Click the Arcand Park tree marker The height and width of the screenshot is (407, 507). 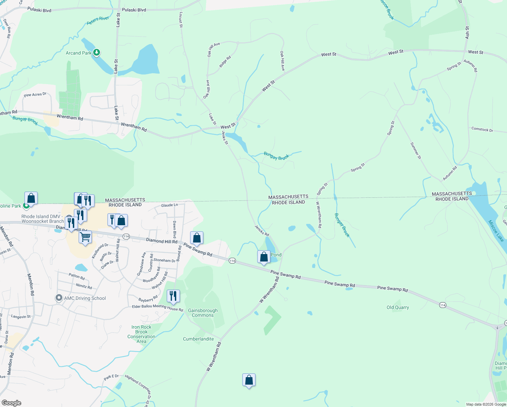97,53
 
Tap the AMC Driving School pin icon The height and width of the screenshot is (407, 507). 59,298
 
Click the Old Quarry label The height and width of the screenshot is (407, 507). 398,307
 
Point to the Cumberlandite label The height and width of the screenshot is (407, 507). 198,339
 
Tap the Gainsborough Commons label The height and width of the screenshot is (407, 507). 203,313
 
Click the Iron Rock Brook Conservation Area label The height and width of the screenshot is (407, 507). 141,334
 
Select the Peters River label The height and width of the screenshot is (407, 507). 98,20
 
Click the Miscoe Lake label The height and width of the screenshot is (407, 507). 496,231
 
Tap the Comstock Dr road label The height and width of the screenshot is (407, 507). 482,129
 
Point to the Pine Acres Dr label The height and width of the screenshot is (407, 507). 35,95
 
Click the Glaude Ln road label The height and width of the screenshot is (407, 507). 169,205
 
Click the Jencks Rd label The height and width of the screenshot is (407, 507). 262,230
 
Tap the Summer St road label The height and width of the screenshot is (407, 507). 415,151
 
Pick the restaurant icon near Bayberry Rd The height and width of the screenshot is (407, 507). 173,296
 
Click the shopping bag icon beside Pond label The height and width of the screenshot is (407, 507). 264,257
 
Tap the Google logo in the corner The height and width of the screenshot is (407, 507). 12,403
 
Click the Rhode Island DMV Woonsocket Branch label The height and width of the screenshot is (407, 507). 42,219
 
